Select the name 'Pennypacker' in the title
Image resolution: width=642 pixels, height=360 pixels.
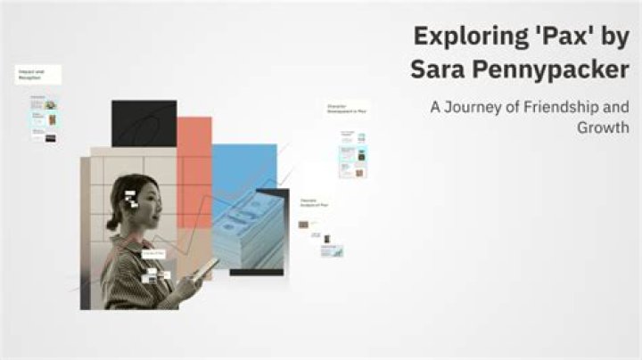(548, 70)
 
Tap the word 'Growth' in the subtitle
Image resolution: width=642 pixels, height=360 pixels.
(604, 127)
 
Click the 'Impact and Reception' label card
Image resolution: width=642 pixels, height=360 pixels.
(37, 75)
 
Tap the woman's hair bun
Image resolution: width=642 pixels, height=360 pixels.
(113, 223)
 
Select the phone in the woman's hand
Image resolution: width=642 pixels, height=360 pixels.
(205, 267)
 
